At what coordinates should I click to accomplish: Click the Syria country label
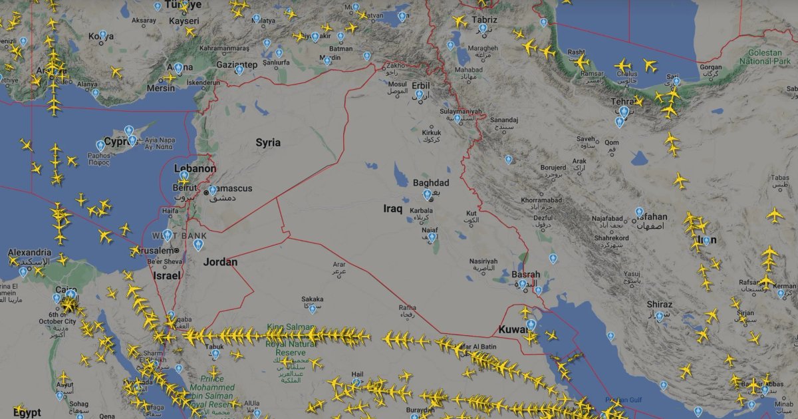[x=268, y=142]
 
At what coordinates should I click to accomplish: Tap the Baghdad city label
[x=431, y=183]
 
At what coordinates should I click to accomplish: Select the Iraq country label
[x=392, y=209]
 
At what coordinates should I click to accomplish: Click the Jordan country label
[x=220, y=262]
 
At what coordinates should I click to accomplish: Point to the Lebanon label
[x=195, y=169]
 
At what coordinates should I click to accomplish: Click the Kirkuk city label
[x=432, y=133]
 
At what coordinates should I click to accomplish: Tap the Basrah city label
[x=525, y=274]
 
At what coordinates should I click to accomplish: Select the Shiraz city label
[x=659, y=305]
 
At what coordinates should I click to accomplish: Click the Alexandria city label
[x=29, y=253]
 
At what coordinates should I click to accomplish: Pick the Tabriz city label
[x=484, y=20]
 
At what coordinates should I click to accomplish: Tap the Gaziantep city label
[x=235, y=65]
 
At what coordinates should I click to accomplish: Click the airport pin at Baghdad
[x=428, y=195]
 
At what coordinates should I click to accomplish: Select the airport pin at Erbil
[x=420, y=95]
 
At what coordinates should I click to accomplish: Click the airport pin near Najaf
[x=432, y=237]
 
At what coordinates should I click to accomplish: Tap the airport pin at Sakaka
[x=313, y=309]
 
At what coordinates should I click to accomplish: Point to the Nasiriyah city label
[x=483, y=261]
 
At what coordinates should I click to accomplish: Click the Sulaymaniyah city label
[x=460, y=111]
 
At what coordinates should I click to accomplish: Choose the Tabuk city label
[x=214, y=347]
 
